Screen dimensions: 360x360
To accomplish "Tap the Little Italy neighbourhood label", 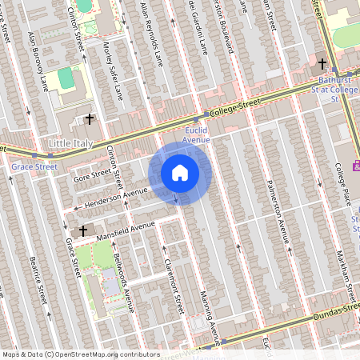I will [71, 144].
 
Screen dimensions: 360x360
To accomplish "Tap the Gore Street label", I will [90, 172].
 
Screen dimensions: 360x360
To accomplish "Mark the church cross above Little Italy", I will [90, 119].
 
